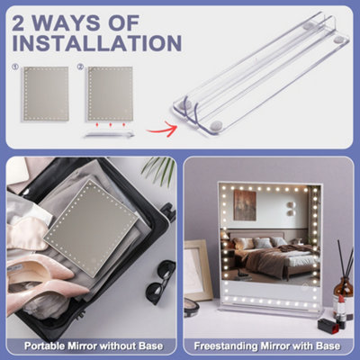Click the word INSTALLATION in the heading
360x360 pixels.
pos(97,43)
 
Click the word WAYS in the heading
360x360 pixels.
pos(67,22)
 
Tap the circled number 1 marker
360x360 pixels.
pos(15,67)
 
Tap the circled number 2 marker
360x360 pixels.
pos(80,67)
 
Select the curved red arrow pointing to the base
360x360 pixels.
pos(161,130)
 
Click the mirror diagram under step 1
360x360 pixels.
pos(46,94)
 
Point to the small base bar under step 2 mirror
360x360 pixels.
pos(110,135)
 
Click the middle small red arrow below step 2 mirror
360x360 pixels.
pos(111,124)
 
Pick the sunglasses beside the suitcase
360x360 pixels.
pos(160,281)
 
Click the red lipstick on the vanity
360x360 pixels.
pos(341,308)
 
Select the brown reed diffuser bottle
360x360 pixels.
pos(344,295)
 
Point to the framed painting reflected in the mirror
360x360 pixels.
pos(245,205)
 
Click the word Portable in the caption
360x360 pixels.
pos(45,346)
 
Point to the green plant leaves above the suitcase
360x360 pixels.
pos(159,170)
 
